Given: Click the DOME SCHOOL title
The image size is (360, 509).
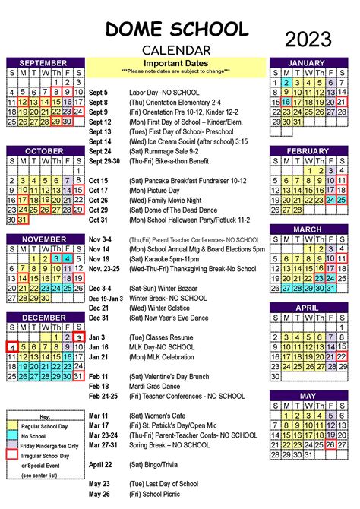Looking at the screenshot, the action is click(176, 30).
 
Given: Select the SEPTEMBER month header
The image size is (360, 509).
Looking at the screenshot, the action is click(44, 62).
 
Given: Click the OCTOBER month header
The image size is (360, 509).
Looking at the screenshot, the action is click(44, 150).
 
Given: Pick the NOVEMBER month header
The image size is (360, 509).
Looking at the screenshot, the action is click(44, 239).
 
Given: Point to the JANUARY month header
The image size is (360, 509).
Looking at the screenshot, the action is click(313, 62).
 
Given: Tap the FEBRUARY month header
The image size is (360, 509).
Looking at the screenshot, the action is click(313, 150).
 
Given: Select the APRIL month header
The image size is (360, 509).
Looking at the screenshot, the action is click(313, 307).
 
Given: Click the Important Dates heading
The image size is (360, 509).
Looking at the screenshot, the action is click(175, 62).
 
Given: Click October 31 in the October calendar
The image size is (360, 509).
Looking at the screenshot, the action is click(22, 220).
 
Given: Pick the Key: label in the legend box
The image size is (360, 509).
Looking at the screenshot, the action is click(45, 417).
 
